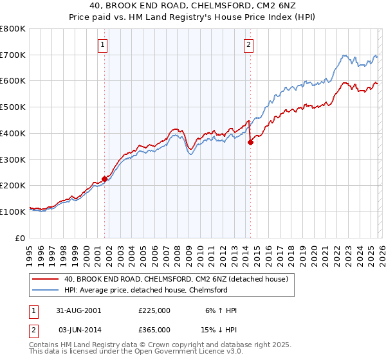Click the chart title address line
pos(193,6)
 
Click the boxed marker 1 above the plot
pos(104,44)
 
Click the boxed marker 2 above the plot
pos(248,44)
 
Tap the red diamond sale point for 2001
pos(104,179)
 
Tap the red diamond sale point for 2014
pos(250,143)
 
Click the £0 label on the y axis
pos(21,238)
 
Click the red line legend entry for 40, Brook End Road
pos(179,279)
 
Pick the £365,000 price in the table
pos(154,329)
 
